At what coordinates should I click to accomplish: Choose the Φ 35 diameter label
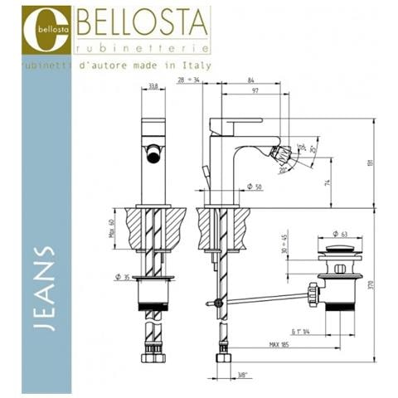(x=123, y=275)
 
